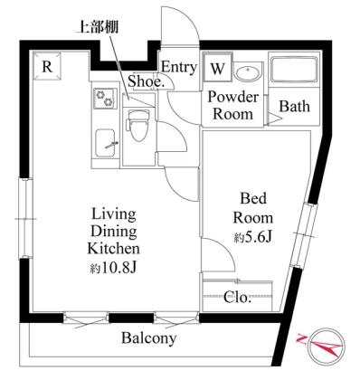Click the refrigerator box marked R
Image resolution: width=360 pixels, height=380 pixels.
[x=47, y=66]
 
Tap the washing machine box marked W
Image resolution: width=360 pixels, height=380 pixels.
[x=217, y=68]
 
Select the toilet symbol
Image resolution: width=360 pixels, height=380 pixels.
[x=138, y=126]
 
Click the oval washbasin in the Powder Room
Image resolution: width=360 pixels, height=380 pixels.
[x=248, y=72]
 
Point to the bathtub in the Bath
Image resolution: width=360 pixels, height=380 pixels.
[x=294, y=70]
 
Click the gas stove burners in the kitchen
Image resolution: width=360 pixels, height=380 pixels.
[x=105, y=99]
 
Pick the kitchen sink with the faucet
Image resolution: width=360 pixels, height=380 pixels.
[x=107, y=143]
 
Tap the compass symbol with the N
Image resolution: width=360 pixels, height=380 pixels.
[x=327, y=346]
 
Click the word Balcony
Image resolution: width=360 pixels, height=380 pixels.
[x=148, y=338]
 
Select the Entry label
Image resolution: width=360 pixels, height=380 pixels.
[x=179, y=67]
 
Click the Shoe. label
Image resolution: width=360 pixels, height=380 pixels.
[x=146, y=81]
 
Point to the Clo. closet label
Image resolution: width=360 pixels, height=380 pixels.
[x=238, y=298]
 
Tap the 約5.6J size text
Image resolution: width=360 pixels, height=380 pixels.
[x=253, y=238]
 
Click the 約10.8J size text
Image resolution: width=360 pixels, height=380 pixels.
[x=114, y=267]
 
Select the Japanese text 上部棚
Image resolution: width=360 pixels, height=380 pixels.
[x=99, y=27]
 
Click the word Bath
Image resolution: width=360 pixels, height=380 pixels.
[x=294, y=106]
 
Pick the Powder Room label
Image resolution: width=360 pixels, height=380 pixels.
[x=233, y=106]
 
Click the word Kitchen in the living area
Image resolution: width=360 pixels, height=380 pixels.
[x=113, y=249]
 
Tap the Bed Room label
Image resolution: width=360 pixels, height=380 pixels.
[x=253, y=208]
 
